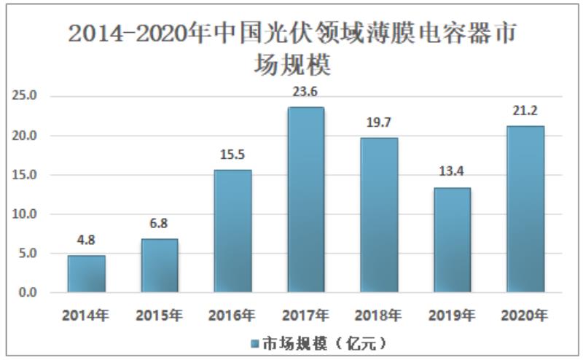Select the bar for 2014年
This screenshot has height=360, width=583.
pos(87,274)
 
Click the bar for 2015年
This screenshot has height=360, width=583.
pos(159,266)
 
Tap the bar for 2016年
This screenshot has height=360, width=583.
pos(232,232)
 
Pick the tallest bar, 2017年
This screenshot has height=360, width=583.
pos(305,200)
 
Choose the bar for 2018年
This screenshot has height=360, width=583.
pos(379,215)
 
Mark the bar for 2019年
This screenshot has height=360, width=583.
pos(452,240)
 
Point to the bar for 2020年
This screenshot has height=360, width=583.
pos(525,209)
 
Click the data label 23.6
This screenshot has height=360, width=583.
pos(305,92)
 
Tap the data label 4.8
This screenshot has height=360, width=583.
pos(87,239)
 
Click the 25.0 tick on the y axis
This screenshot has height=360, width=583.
pos(27,96)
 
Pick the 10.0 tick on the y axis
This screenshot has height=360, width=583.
pos(27,214)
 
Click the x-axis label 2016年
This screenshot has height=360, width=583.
pos(232,316)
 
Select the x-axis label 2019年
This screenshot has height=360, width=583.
pos(452,316)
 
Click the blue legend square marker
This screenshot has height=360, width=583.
pos(255,343)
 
